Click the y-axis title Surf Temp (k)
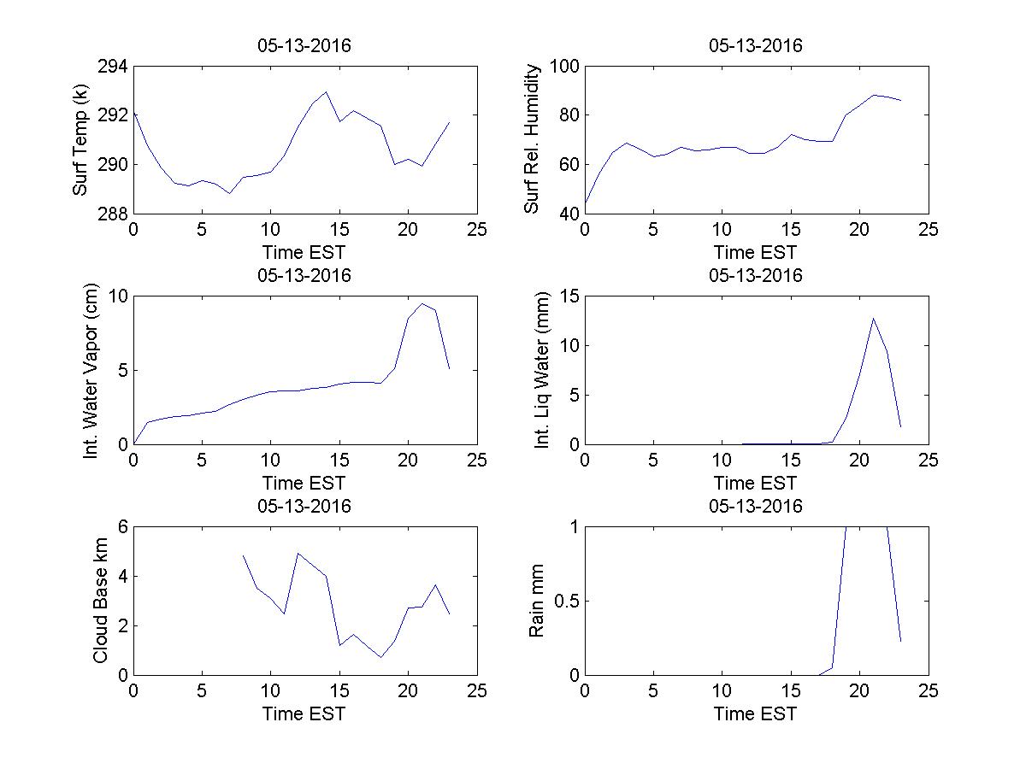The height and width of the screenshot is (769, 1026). (x=82, y=140)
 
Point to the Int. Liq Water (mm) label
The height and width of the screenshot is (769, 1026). (x=542, y=371)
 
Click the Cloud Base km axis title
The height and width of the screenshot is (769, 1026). (x=100, y=601)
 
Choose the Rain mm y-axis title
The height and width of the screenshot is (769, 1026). (x=537, y=601)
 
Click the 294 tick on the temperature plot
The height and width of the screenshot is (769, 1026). (x=112, y=68)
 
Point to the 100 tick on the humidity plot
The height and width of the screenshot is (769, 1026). (x=565, y=68)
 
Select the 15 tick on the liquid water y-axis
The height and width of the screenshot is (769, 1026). (x=569, y=296)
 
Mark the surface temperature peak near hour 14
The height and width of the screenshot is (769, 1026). (x=326, y=91)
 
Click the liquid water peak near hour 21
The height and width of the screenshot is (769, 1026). (x=873, y=318)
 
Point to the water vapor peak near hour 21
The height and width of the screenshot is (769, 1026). (x=422, y=303)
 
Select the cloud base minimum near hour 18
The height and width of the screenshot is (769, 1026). (x=380, y=657)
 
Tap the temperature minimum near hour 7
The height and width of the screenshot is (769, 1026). (x=229, y=193)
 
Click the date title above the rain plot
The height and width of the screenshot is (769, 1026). (x=756, y=506)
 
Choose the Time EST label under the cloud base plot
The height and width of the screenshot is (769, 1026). (x=304, y=713)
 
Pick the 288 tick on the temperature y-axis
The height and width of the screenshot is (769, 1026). (x=112, y=214)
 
